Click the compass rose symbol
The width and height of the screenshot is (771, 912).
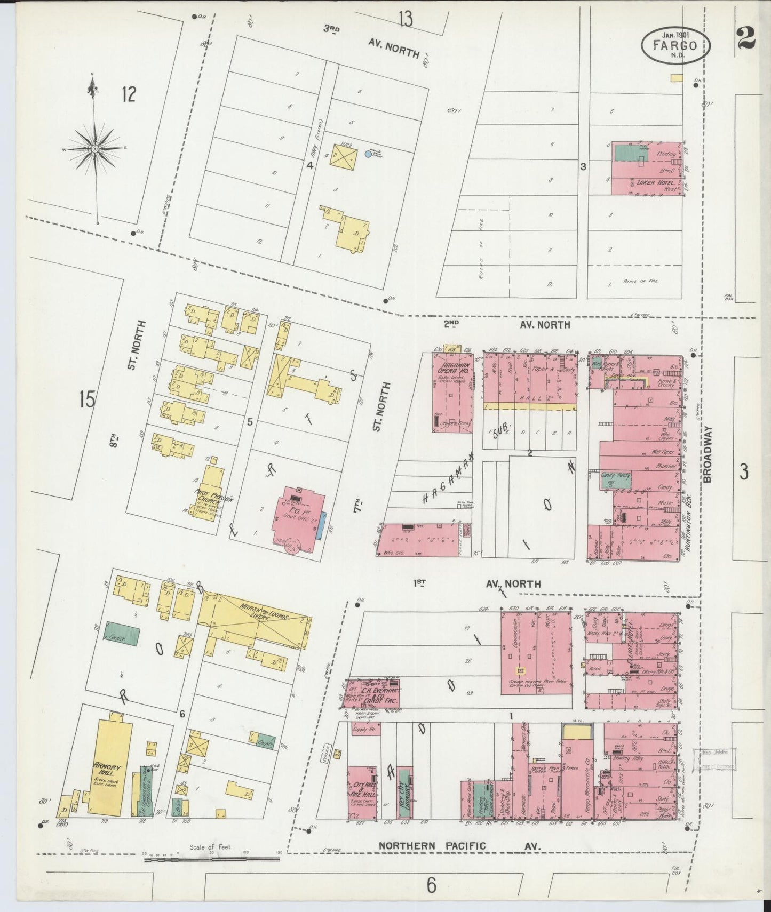coord(94,149)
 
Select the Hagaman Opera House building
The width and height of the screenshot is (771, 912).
coord(452,392)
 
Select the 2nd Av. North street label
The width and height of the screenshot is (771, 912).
coord(507,324)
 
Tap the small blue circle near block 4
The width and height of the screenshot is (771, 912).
coord(368,154)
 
